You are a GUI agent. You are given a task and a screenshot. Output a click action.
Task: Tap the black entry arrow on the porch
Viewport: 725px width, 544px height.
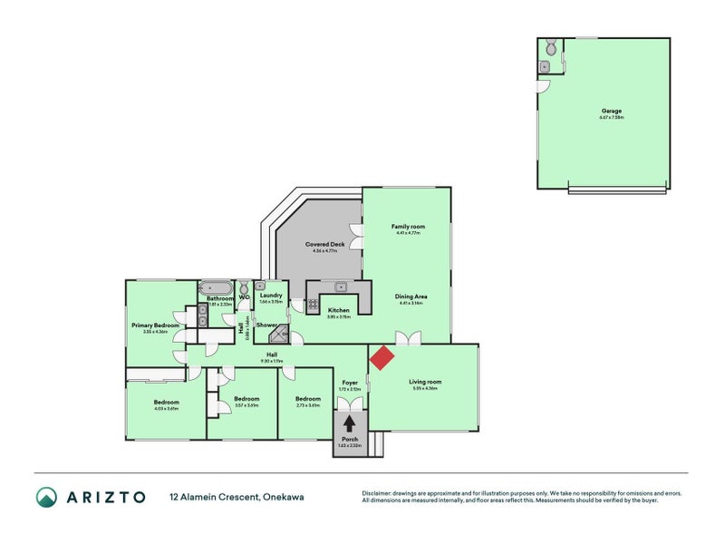[x=349, y=423]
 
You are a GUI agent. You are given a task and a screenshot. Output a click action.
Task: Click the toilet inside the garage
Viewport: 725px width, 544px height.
[x=549, y=46]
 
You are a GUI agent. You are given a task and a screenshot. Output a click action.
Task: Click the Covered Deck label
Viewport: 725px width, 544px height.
[x=324, y=244]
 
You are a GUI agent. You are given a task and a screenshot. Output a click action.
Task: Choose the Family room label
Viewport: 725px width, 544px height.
[x=408, y=227]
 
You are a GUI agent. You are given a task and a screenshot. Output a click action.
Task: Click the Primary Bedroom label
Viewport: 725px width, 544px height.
[x=154, y=325]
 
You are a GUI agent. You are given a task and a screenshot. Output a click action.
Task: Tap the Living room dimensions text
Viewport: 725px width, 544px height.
[x=424, y=388]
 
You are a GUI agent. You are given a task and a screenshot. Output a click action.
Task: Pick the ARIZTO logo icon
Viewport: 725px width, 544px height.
[x=46, y=496]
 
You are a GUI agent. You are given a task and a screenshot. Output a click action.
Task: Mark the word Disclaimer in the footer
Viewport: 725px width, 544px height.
[x=379, y=493]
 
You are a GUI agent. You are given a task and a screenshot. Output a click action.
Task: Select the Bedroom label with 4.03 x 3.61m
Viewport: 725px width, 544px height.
[x=166, y=402]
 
